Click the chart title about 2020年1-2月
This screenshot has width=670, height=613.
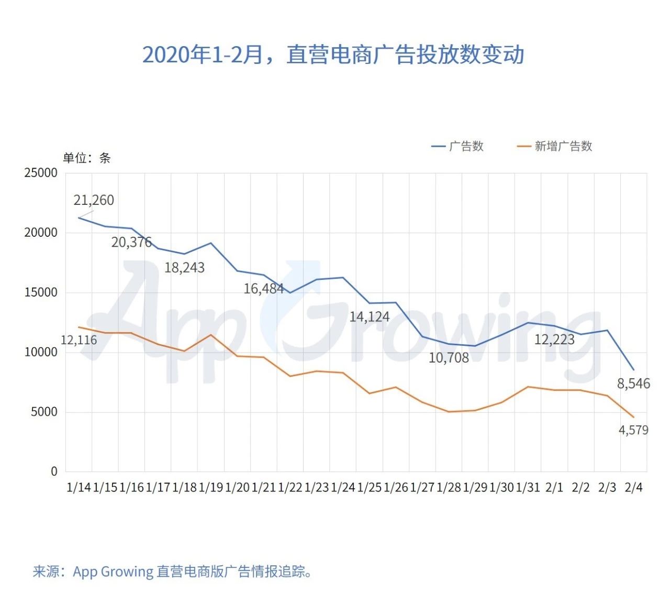click(x=333, y=54)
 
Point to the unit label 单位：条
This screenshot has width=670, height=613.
click(x=87, y=158)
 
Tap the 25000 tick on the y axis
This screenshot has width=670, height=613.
click(x=41, y=173)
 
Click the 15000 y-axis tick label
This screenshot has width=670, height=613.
click(x=41, y=292)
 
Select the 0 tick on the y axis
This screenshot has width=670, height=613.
click(x=54, y=472)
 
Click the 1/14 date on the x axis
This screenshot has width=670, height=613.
click(x=79, y=487)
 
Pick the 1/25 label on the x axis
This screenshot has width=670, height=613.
click(x=369, y=487)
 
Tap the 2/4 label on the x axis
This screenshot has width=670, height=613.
click(x=633, y=487)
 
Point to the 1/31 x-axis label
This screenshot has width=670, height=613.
click(x=528, y=487)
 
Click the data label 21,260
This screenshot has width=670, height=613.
click(x=94, y=200)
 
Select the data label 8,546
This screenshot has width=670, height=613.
click(x=633, y=384)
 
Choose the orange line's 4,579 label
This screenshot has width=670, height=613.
click(x=633, y=430)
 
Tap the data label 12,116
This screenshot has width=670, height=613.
click(x=79, y=340)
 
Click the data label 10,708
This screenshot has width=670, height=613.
click(x=449, y=358)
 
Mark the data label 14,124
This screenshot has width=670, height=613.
click(x=370, y=316)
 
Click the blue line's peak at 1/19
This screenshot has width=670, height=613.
click(x=211, y=243)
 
